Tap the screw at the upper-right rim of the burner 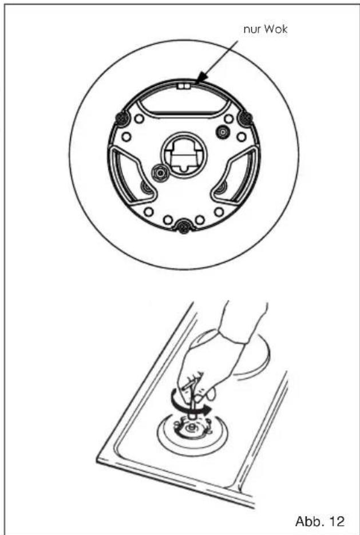coord(247,118)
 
